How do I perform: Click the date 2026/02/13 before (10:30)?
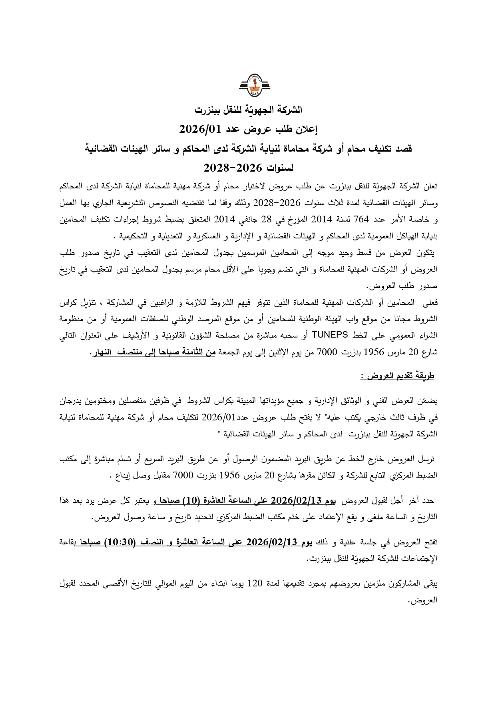point(271,542)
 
